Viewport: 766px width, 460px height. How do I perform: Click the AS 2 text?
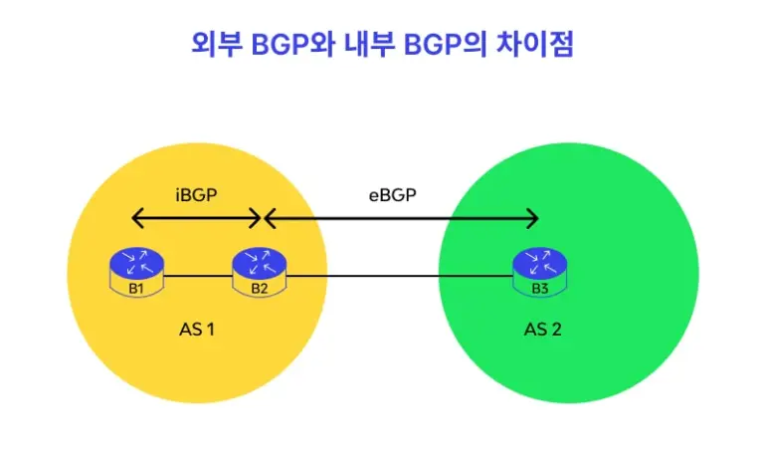tap(542, 330)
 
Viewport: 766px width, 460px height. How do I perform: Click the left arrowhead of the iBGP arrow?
tap(135, 218)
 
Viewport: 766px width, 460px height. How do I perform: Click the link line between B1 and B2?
tap(197, 275)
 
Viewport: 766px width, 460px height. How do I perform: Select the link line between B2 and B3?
tap(398, 275)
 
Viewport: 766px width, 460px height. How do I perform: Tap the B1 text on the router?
tap(136, 289)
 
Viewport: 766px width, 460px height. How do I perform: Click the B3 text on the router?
tap(540, 289)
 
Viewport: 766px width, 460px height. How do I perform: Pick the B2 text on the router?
tap(259, 289)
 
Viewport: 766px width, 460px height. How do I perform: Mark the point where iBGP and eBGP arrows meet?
tap(262, 218)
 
